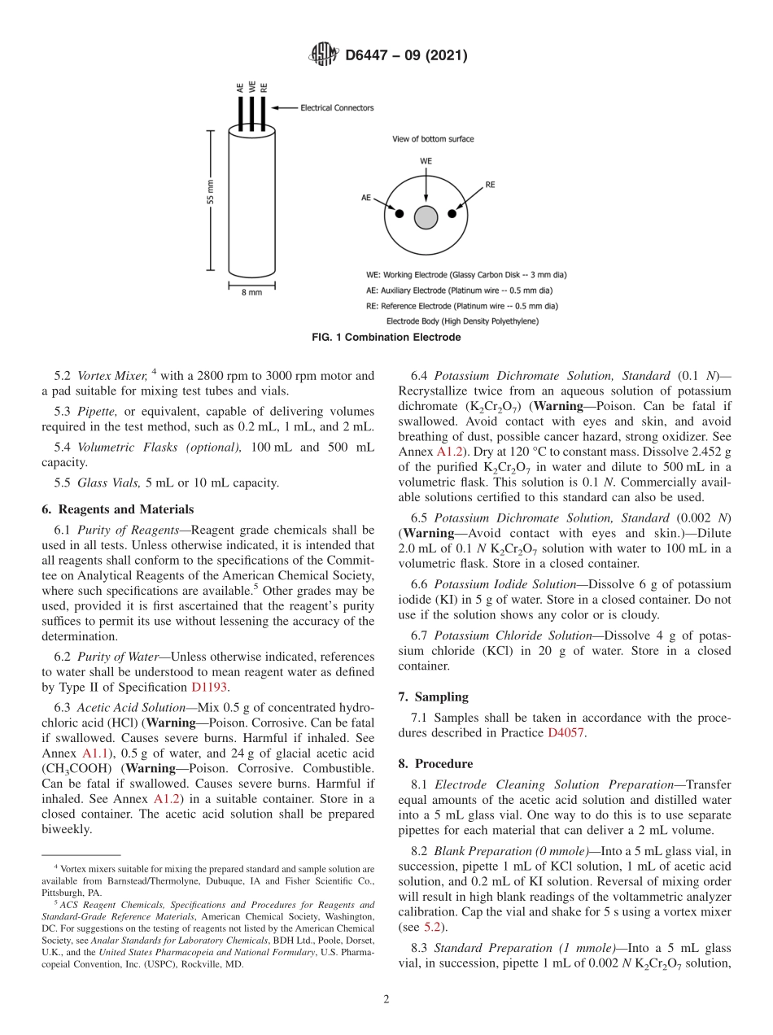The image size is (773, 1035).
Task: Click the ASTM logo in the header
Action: tap(323, 55)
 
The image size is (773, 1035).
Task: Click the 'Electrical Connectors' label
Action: tap(337, 107)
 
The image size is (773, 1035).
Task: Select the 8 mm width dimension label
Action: tap(251, 291)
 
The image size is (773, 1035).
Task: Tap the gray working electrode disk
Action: tap(426, 217)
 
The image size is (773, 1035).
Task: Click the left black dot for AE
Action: tap(399, 213)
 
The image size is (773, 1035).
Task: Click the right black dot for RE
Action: tap(452, 213)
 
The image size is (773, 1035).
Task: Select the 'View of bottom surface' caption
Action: tap(432, 138)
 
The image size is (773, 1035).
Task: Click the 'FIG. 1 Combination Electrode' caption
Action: tap(386, 337)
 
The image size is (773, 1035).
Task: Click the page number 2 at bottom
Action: tap(386, 999)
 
